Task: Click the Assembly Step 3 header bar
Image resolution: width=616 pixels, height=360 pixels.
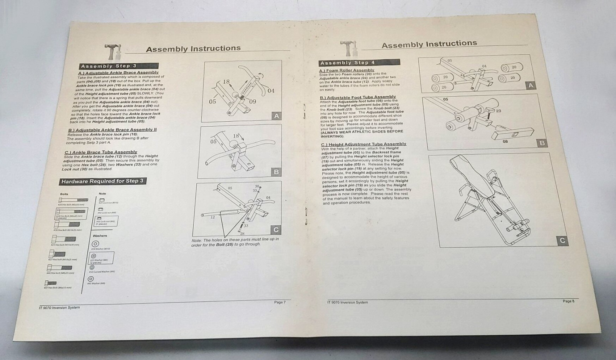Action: (x=119, y=66)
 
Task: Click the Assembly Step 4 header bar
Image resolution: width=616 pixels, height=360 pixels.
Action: (x=359, y=62)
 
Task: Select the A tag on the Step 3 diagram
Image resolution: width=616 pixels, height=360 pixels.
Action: (x=276, y=116)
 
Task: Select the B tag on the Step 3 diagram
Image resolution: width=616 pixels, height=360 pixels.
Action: (x=276, y=172)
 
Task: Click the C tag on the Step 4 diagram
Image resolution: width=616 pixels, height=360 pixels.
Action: (x=562, y=241)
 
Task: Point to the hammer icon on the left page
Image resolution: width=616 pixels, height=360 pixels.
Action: (x=112, y=51)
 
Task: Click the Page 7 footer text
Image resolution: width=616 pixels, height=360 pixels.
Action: (x=280, y=302)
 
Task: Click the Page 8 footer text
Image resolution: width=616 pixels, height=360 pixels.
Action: (x=568, y=301)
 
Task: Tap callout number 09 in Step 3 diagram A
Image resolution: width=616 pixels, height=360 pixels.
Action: (x=253, y=102)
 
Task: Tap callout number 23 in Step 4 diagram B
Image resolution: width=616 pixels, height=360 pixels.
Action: (x=499, y=111)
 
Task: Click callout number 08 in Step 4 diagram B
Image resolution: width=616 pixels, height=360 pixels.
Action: (x=505, y=141)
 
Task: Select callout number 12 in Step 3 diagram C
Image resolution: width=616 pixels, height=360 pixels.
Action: (x=213, y=217)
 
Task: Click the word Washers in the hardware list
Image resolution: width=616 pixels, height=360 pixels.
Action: (x=100, y=236)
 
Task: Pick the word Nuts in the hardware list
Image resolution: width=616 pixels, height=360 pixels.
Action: (x=102, y=194)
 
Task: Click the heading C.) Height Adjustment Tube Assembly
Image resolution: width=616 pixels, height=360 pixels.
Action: (x=363, y=144)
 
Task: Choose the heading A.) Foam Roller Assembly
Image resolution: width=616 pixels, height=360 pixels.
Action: (x=346, y=70)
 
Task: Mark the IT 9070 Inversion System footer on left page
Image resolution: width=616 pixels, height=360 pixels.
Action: (x=59, y=308)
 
